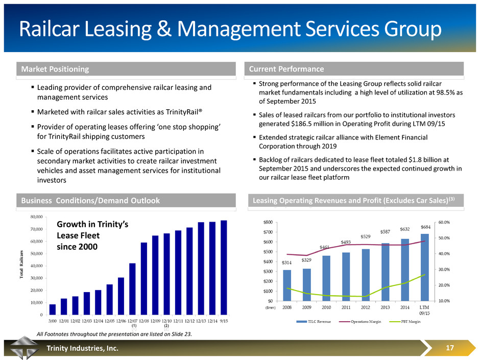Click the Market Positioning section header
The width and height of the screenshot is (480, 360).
[x=54, y=69]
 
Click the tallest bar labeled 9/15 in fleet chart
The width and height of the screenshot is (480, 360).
[x=224, y=267]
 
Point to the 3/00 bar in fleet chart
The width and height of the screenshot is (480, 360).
[x=53, y=309]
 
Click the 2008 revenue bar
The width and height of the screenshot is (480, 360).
[x=287, y=285]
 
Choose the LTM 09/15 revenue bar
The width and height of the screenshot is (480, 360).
[x=425, y=267]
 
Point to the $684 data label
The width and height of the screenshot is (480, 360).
[x=425, y=227]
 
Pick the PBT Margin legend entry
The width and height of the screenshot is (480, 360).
[x=411, y=328]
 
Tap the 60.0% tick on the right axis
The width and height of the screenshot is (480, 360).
[x=445, y=223]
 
